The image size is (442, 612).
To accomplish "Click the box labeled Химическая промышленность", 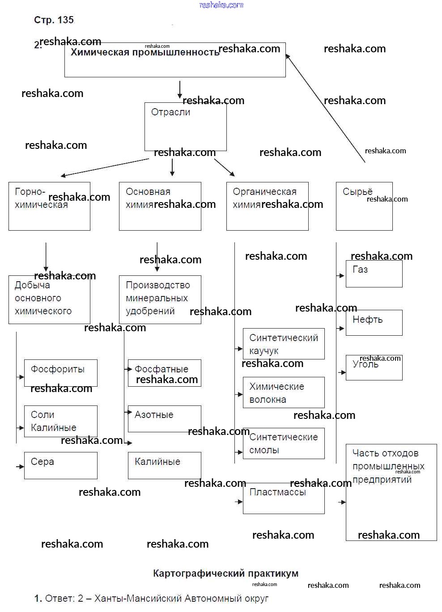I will [x=175, y=60].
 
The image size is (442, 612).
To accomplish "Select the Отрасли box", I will [x=185, y=127].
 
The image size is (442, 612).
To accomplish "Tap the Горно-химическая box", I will [x=49, y=206].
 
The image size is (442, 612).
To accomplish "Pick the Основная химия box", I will [x=160, y=206].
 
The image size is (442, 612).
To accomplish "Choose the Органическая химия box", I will [x=267, y=206].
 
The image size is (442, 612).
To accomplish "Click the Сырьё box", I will [x=364, y=206].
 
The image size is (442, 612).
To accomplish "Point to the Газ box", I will [x=374, y=274].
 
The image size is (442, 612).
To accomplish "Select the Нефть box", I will [x=374, y=322].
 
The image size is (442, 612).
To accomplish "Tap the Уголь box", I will [x=374, y=367].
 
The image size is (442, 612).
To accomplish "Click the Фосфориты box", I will [x=60, y=373].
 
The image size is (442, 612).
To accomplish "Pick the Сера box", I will [x=60, y=465].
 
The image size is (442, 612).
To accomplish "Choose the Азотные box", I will [x=164, y=418].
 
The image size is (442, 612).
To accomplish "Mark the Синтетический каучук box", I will [x=284, y=344].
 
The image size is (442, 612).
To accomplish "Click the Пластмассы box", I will [x=284, y=498].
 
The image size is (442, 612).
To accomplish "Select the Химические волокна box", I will [x=284, y=393].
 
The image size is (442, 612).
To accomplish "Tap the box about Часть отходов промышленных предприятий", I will [x=391, y=492].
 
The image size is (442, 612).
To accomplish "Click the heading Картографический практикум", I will [x=225, y=573].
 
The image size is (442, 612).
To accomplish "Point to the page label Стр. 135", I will [x=54, y=20].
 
